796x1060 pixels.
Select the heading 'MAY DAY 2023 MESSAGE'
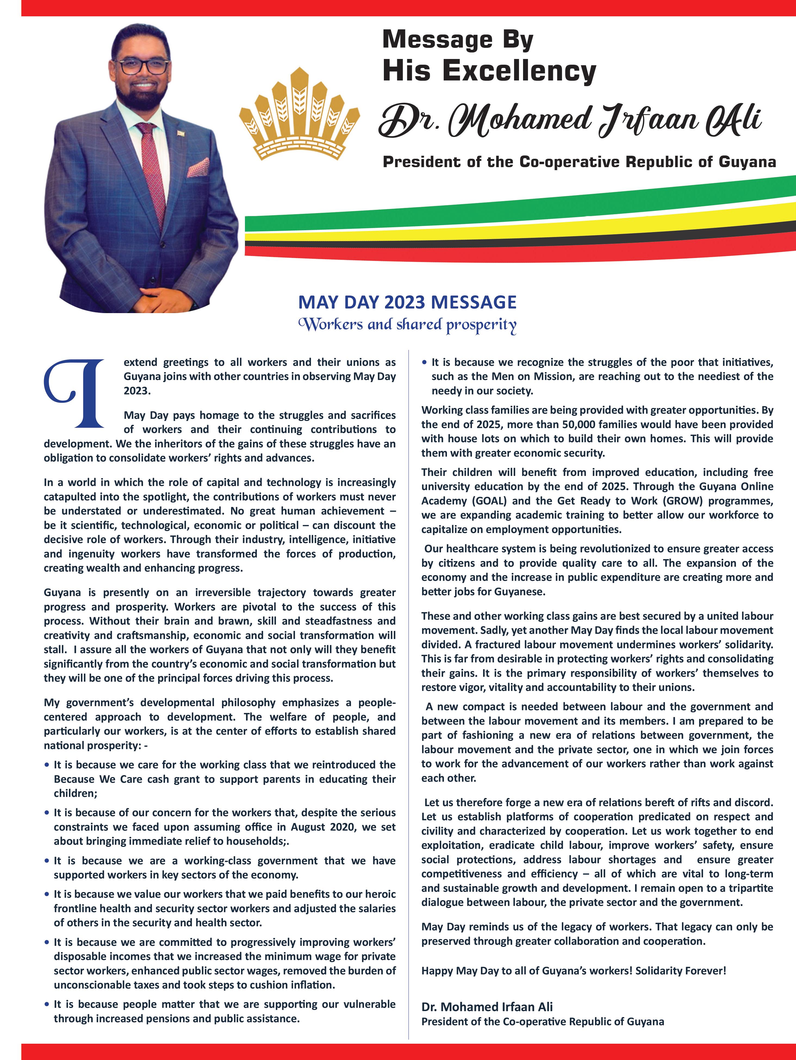[407, 303]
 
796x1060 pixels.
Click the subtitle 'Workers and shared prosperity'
[407, 325]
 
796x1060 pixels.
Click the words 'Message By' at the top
[458, 40]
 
